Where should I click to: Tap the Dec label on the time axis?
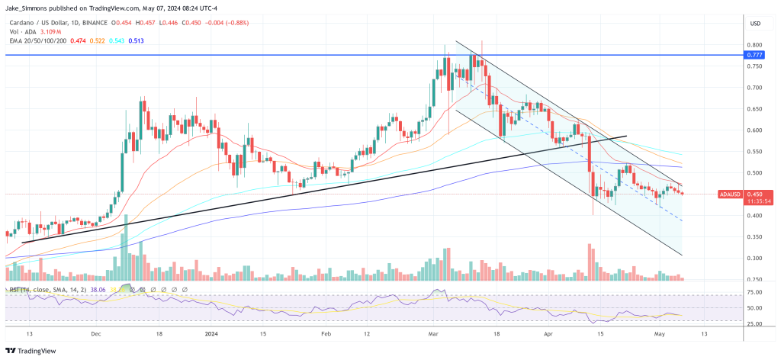click(95, 334)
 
